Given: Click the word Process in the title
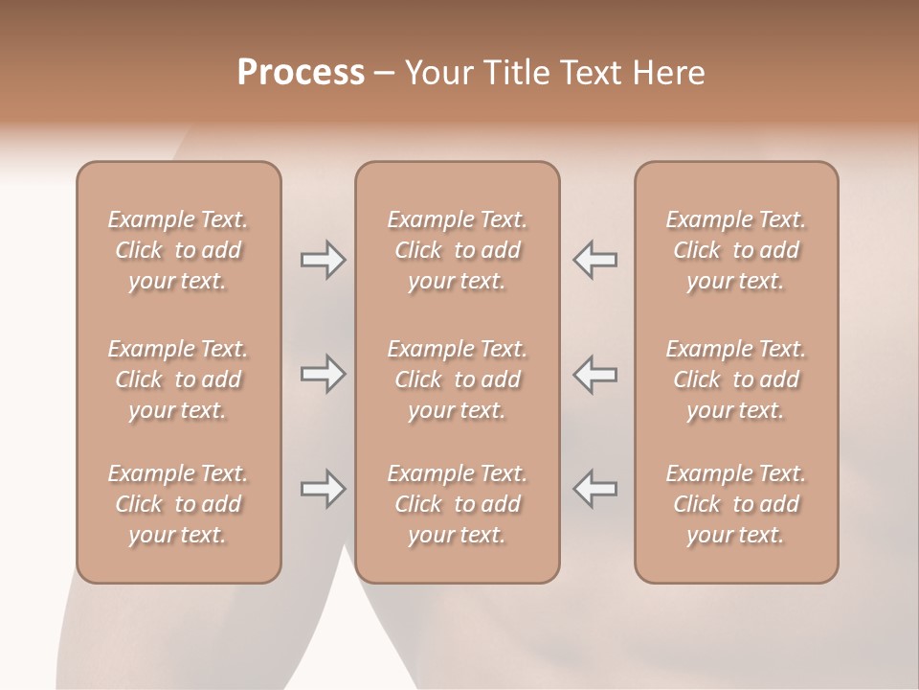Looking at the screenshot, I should (x=301, y=73).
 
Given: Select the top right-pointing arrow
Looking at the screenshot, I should (x=324, y=260).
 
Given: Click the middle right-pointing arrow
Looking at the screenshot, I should (x=324, y=374).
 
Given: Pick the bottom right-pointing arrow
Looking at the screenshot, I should (x=324, y=489).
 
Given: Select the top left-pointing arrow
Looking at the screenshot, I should (x=594, y=260).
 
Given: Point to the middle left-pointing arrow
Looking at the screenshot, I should (x=594, y=374).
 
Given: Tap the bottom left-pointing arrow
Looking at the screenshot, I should (x=594, y=489).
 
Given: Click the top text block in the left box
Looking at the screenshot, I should (x=178, y=250).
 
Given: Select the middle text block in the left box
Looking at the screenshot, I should (x=178, y=379).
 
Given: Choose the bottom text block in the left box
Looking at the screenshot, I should (x=178, y=504).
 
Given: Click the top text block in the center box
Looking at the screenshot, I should (x=458, y=250).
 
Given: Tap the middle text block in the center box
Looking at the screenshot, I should (x=458, y=379).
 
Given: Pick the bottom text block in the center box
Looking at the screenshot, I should (x=458, y=504).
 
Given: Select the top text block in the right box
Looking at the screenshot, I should (x=736, y=250).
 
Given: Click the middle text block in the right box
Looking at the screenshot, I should (x=736, y=379).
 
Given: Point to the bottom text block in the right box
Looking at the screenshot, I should (x=736, y=504).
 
